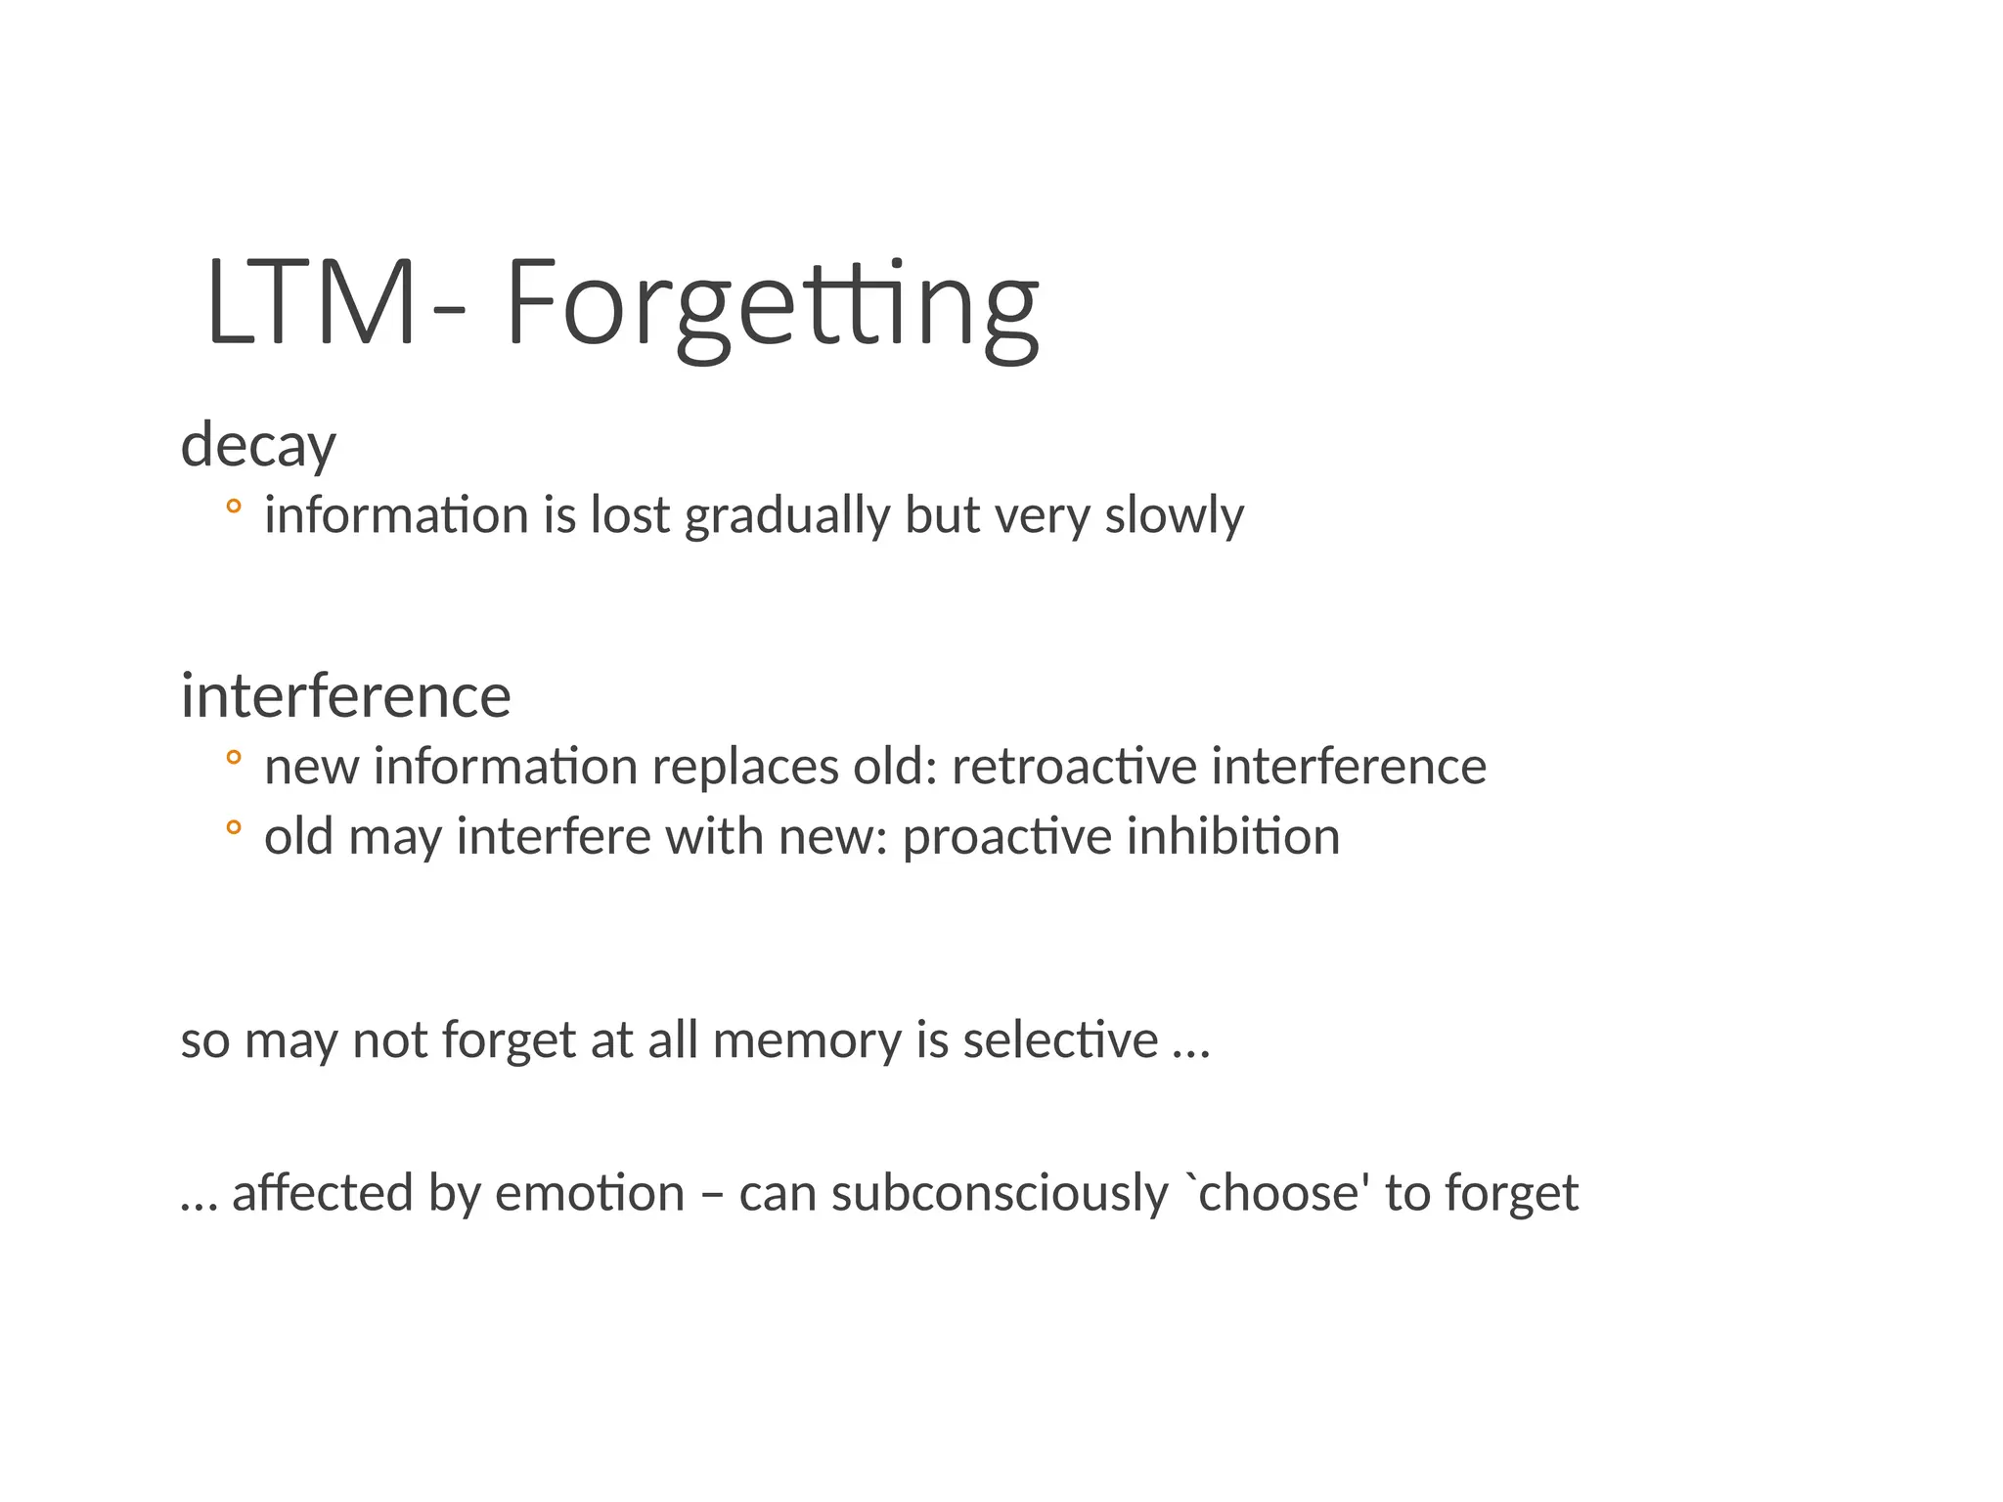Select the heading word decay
tap(258, 446)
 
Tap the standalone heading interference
tap(345, 696)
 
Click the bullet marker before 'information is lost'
tap(233, 507)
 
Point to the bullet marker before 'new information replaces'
tap(233, 757)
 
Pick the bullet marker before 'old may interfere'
tap(233, 827)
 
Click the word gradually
tap(786, 516)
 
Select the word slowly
tap(1174, 516)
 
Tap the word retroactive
tap(1074, 766)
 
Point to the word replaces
tap(745, 767)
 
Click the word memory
tap(807, 1040)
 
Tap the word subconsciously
tap(1000, 1194)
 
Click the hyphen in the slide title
tap(449, 311)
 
